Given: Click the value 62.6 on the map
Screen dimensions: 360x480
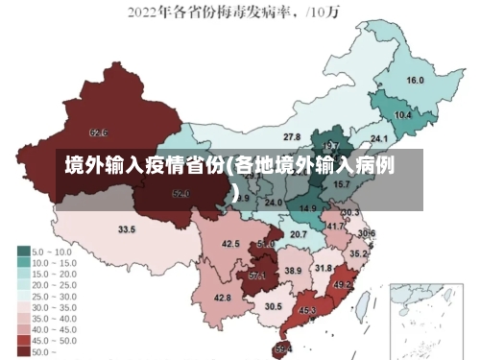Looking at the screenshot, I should [98, 132].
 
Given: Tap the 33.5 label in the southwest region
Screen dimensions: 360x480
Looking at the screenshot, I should [127, 229].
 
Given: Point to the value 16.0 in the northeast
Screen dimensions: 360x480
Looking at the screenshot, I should [416, 81].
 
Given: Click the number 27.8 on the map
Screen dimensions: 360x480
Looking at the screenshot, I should [292, 137].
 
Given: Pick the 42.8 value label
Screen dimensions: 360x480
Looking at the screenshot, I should [223, 299].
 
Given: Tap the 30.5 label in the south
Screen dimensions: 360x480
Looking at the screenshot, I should [274, 306].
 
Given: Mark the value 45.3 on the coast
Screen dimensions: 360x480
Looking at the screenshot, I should [308, 311].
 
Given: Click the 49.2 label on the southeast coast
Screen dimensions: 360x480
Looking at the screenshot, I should [343, 285].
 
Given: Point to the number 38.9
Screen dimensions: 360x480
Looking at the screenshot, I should [293, 272].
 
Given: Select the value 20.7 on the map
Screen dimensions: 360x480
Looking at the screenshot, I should [299, 234].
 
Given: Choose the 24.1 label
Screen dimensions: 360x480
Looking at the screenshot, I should [379, 140].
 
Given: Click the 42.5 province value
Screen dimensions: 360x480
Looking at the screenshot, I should [230, 244].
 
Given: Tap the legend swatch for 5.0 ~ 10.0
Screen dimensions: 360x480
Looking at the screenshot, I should [23, 251].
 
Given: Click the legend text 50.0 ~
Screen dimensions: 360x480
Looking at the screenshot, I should [44, 351].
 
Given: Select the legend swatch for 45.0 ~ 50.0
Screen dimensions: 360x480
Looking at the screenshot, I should [23, 339].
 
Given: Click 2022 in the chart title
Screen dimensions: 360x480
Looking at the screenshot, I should [144, 12].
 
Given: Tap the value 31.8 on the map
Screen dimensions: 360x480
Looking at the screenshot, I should [324, 269].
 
